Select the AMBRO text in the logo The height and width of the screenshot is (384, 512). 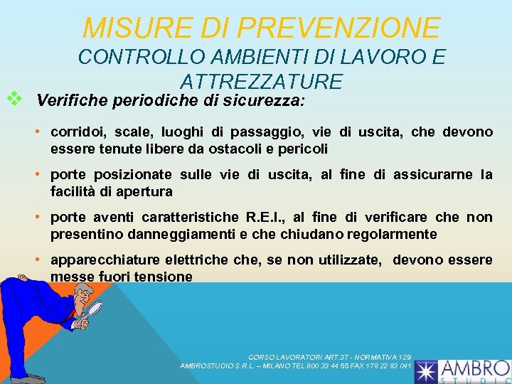pyautogui.click(x=474, y=368)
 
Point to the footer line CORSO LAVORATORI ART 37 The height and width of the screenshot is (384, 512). pyautogui.click(x=329, y=356)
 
